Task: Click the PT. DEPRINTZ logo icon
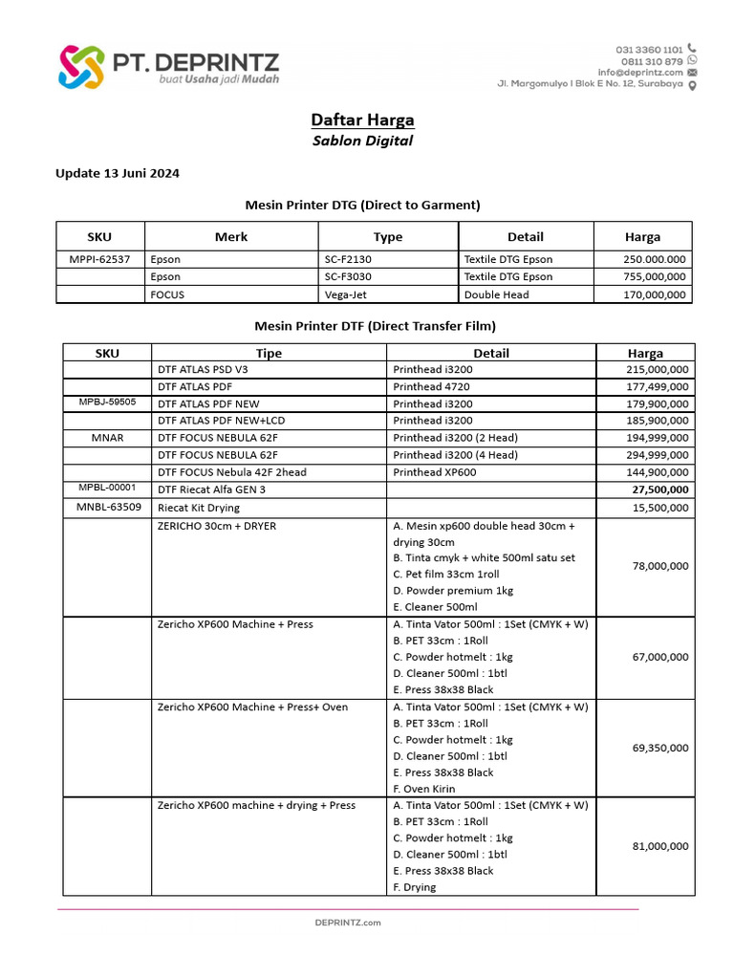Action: click(80, 66)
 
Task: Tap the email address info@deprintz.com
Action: click(640, 73)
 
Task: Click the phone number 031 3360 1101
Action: click(648, 49)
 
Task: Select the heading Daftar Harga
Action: click(362, 120)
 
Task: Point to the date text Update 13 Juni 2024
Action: click(117, 174)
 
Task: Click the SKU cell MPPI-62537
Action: click(99, 259)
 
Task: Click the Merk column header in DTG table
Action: click(230, 237)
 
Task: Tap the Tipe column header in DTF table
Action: click(269, 353)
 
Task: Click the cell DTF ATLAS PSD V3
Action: click(202, 370)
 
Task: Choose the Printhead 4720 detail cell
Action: click(431, 387)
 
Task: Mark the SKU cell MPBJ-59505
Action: click(107, 403)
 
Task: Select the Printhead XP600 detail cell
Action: click(434, 472)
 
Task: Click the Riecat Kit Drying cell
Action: click(199, 508)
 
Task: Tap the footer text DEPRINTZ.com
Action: click(348, 923)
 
